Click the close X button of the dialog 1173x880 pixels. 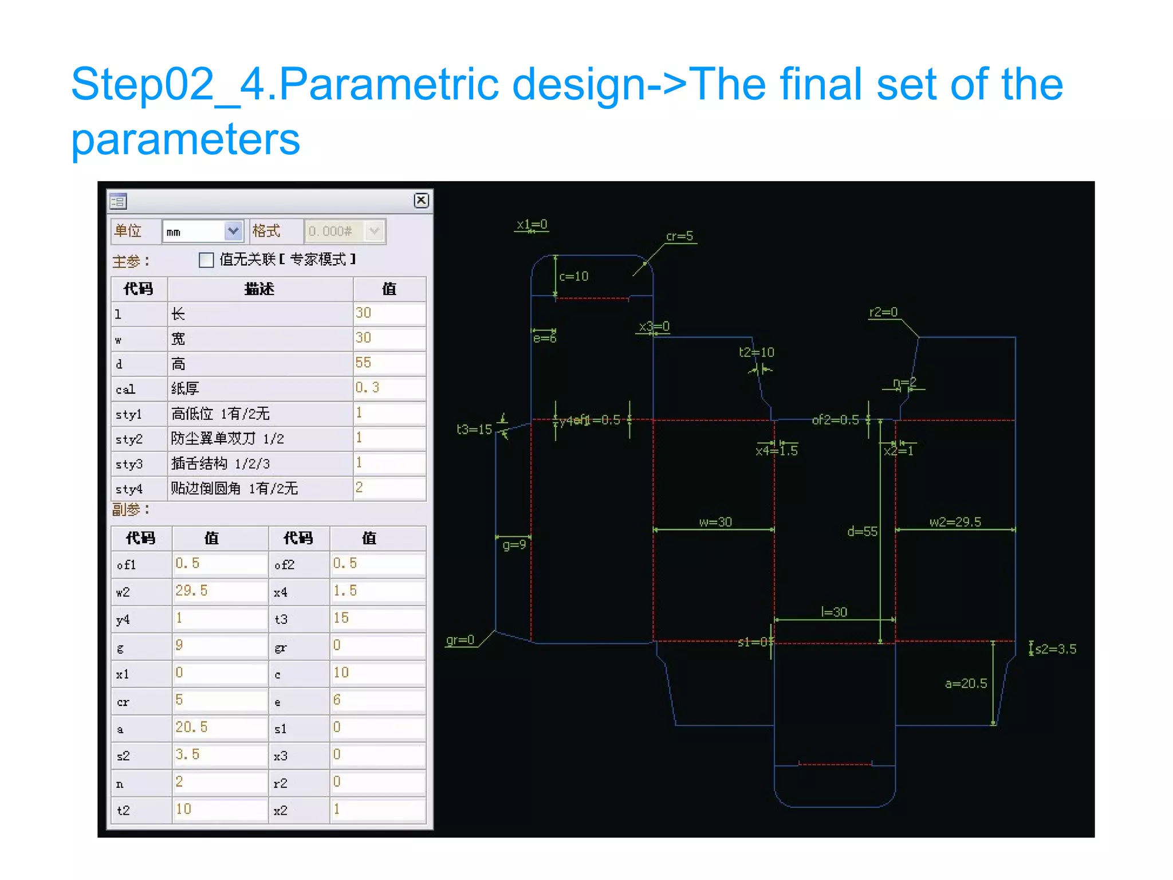tap(421, 200)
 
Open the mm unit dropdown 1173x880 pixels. tap(233, 231)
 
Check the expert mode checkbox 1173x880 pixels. tap(206, 260)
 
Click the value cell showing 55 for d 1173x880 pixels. tap(389, 363)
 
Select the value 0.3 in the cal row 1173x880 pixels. tap(389, 388)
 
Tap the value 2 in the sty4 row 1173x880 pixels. tap(389, 488)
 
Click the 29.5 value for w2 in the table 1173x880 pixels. tap(219, 591)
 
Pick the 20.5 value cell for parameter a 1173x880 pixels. tap(219, 728)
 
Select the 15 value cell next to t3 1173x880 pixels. tap(377, 619)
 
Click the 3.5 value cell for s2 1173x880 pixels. tap(219, 755)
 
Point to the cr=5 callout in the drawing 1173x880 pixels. tap(679, 236)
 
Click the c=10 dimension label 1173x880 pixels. tap(573, 277)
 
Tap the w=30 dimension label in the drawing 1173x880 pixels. tap(715, 522)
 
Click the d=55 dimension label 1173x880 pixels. tap(862, 532)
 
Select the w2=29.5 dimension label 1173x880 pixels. tap(955, 522)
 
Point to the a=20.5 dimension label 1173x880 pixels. tap(966, 683)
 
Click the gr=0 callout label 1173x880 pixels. tap(460, 640)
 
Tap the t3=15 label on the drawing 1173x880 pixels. tap(474, 430)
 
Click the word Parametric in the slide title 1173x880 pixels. tap(389, 84)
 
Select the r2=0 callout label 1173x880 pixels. tap(883, 312)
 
